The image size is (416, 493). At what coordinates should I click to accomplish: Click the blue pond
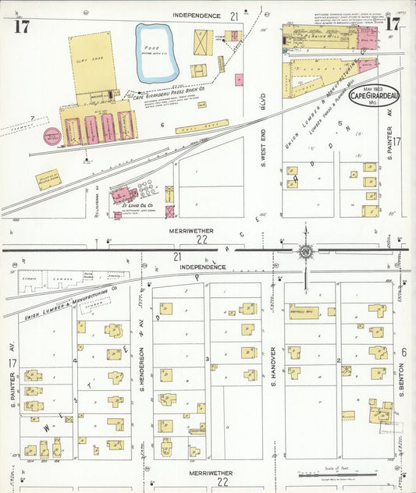[x=157, y=53]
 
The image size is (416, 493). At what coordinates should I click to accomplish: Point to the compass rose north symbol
[x=305, y=250]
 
